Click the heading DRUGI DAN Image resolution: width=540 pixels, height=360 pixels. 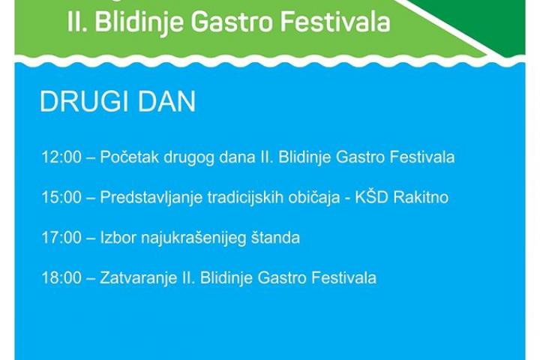[x=118, y=101]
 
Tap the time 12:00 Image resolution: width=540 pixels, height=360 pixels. [x=61, y=157]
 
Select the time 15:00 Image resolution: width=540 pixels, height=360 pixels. [x=61, y=197]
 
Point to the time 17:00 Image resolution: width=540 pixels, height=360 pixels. [x=61, y=238]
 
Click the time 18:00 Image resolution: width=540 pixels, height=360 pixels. [x=61, y=277]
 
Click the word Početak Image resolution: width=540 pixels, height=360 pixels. [x=130, y=157]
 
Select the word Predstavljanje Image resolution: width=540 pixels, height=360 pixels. [x=151, y=198]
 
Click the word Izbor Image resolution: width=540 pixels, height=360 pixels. [x=118, y=238]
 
